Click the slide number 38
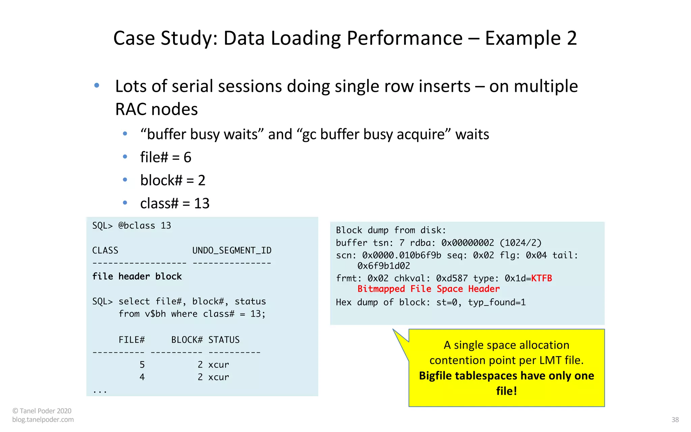(675, 420)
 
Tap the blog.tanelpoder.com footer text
(43, 420)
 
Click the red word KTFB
(541, 278)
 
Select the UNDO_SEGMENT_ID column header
(232, 250)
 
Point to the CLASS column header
(105, 250)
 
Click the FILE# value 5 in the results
(142, 364)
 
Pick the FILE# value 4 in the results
(142, 377)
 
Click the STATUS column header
(224, 340)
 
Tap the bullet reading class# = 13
(175, 203)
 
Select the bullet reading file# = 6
(166, 157)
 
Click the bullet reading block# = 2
(173, 180)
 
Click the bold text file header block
(137, 276)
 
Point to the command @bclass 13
(145, 225)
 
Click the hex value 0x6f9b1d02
(384, 266)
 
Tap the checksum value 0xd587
(452, 278)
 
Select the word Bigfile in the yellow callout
(435, 376)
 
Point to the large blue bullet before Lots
(97, 85)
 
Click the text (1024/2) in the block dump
(520, 243)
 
